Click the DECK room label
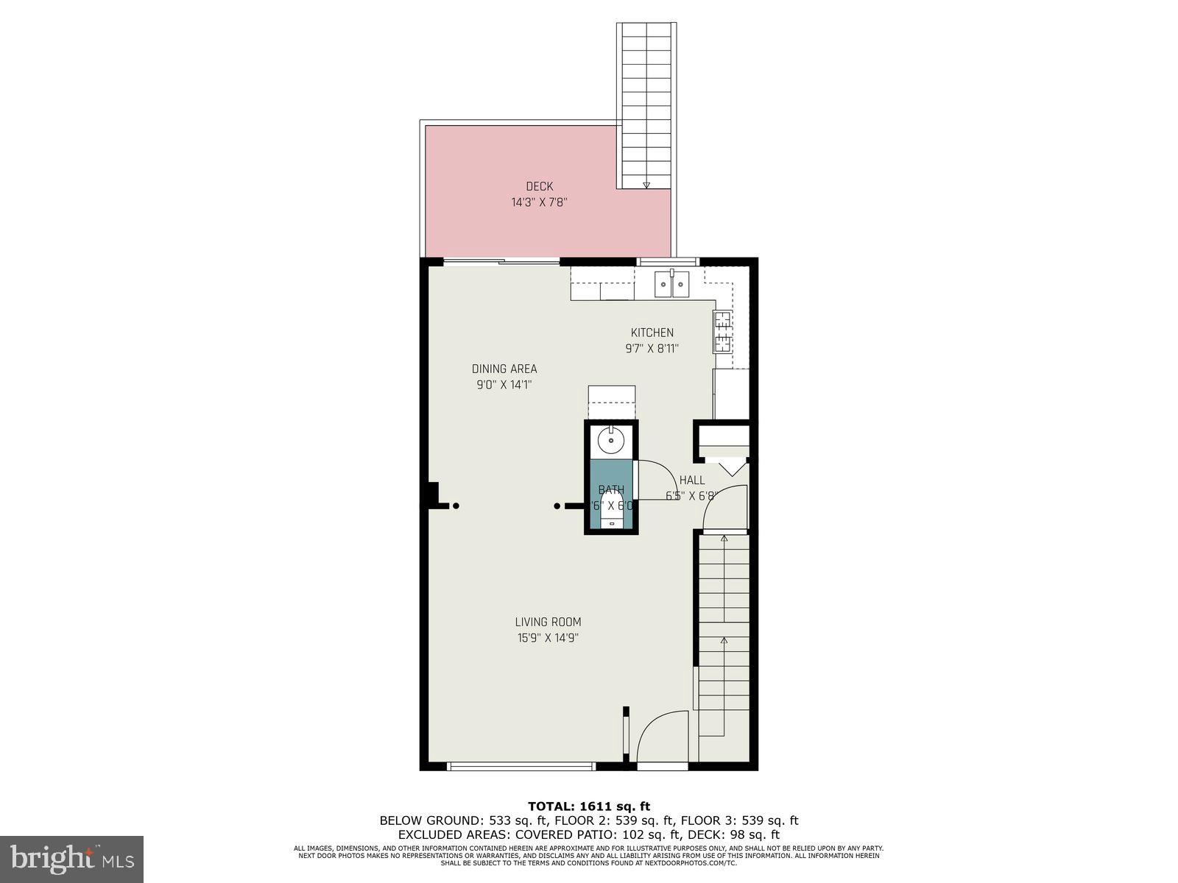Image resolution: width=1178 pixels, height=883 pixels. pos(539,187)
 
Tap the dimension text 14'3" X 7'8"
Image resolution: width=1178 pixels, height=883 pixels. pos(539,202)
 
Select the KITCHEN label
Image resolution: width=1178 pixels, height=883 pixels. pos(652,333)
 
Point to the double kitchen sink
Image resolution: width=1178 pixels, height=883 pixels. pos(671,283)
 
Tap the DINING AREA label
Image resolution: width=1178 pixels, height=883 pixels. pos(504,369)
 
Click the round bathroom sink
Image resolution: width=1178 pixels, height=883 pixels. pos(610,441)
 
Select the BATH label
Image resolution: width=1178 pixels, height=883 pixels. pos(611,489)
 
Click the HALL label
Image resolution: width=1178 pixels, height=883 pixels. pos(692,480)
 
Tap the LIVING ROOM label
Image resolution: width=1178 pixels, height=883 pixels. pos(548,622)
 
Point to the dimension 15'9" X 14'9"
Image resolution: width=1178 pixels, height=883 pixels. pos(548,638)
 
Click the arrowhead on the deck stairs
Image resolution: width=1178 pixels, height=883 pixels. pos(646,185)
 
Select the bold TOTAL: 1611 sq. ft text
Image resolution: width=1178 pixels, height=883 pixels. pos(589,806)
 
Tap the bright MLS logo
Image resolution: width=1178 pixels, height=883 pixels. pos(72,859)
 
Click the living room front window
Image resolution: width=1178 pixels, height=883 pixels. pos(521,766)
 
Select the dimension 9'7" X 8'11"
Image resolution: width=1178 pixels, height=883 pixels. pos(652,349)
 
